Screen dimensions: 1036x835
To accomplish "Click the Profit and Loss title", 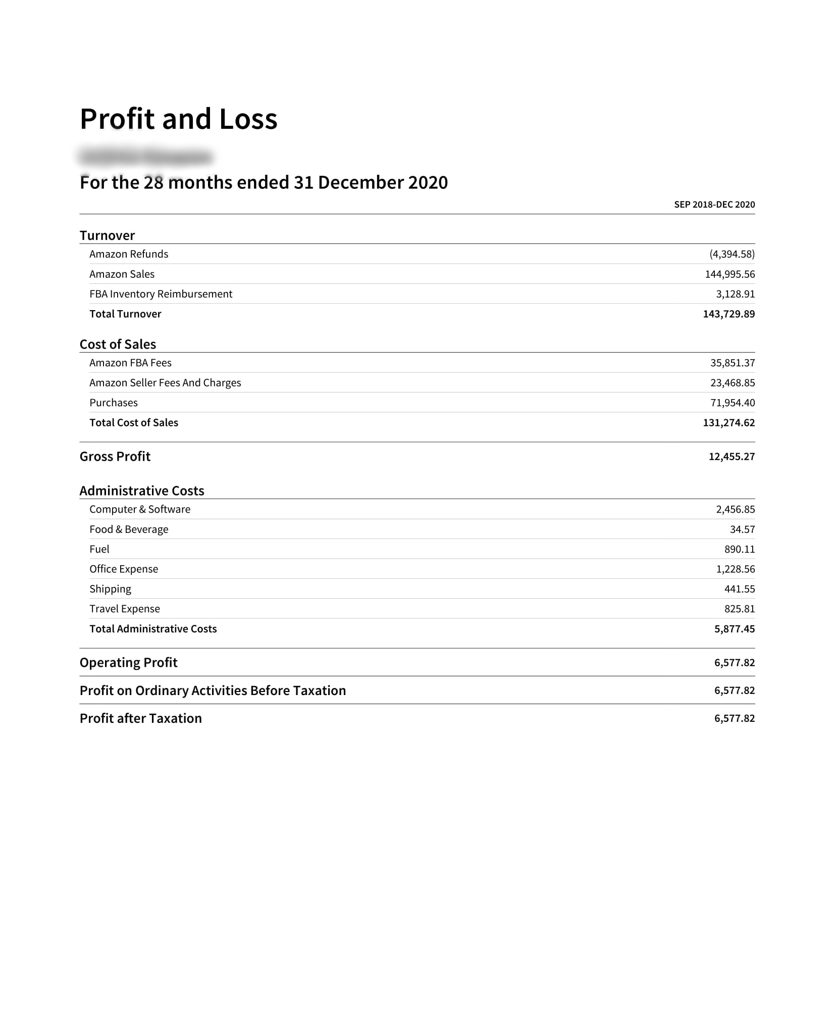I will tap(178, 119).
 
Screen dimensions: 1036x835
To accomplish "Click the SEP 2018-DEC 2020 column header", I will tap(714, 205).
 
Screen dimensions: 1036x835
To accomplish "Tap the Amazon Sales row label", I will tap(122, 274).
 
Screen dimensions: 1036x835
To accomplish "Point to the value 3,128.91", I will tap(735, 294).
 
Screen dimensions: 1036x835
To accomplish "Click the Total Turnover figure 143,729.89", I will tap(728, 314).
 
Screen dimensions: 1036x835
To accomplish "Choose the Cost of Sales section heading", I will tap(118, 344).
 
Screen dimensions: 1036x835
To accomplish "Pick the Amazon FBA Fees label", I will tap(130, 363).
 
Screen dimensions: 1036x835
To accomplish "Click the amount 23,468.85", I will tap(732, 383).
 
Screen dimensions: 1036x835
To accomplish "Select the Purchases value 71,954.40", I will tap(732, 403).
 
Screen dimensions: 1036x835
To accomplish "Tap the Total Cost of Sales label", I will tap(134, 423).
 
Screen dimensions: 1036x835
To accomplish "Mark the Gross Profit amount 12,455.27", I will tap(732, 457).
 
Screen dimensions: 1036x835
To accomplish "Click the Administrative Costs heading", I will tap(142, 491).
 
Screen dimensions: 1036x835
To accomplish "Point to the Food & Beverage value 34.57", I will tap(742, 529).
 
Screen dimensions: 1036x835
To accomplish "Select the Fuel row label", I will tap(99, 550).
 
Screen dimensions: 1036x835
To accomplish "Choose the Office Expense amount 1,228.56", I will tap(735, 569).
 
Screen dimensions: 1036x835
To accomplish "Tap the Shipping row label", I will tap(110, 589).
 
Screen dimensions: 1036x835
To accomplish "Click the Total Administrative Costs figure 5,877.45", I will tap(734, 629).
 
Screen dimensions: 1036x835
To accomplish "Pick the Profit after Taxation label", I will tap(140, 719).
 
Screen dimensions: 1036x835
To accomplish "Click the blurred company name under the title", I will tap(145, 157).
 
